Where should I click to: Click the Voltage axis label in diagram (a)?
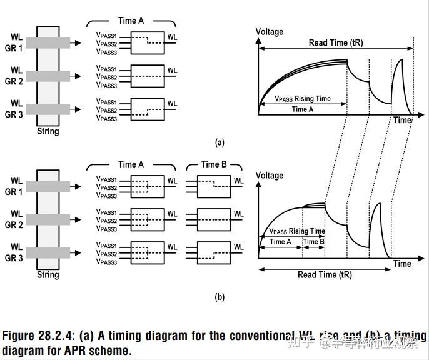[270, 32]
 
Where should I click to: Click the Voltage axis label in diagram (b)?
[270, 176]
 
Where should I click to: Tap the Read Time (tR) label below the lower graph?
[325, 274]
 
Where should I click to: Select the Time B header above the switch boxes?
[214, 164]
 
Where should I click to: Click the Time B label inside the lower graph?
[313, 242]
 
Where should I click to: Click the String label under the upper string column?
[48, 131]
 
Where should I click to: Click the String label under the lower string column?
[48, 275]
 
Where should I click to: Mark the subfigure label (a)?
[220, 142]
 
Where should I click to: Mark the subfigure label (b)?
[220, 297]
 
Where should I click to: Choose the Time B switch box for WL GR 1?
[214, 186]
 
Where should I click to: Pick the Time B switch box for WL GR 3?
[214, 252]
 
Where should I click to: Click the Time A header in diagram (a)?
[131, 21]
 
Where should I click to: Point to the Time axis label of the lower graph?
[402, 264]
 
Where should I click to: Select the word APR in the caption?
[74, 351]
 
